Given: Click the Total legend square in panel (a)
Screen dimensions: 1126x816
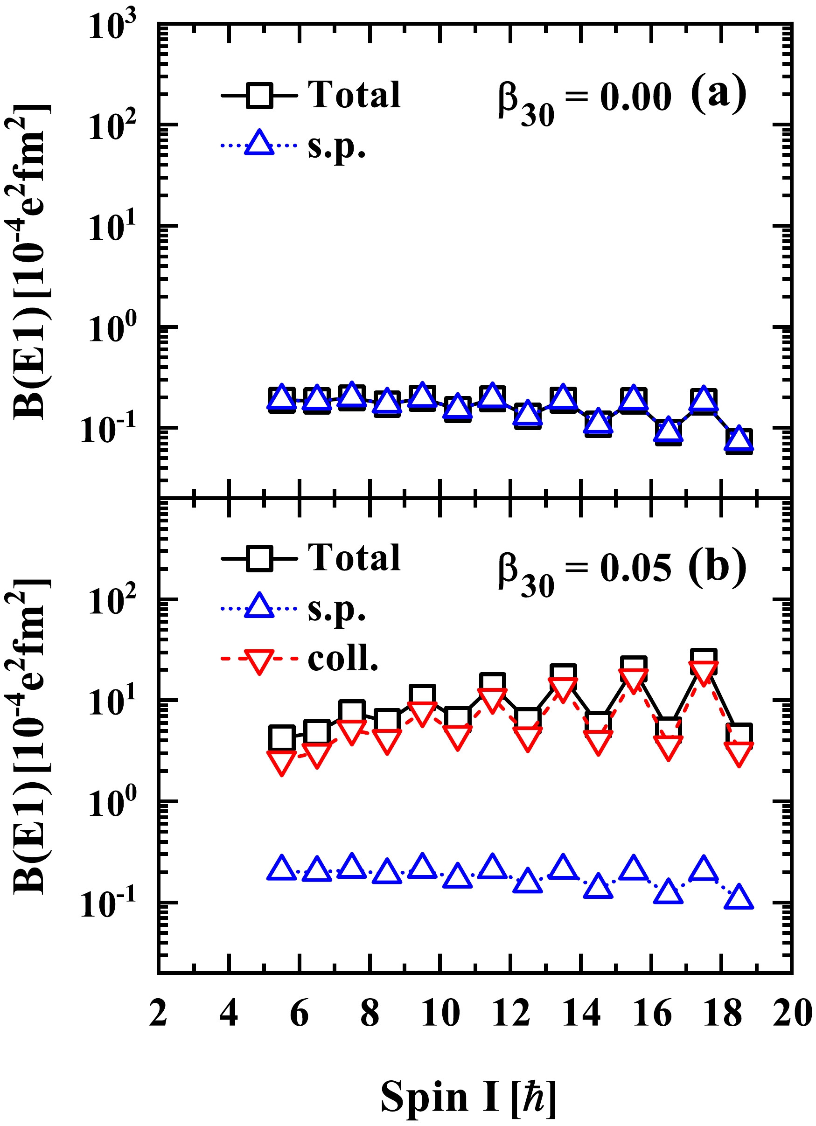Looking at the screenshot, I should click(x=259, y=94).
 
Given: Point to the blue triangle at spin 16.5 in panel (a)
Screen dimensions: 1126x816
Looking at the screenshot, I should click(x=669, y=430).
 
